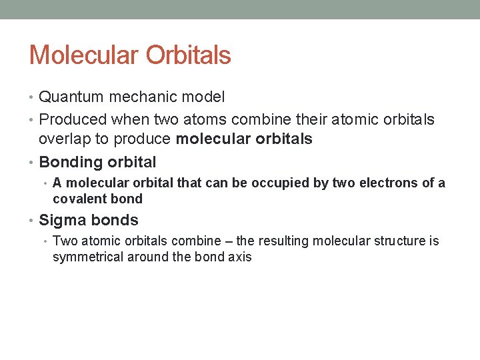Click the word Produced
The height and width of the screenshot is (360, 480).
pyautogui.click(x=73, y=120)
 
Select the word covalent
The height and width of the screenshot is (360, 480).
pyautogui.click(x=79, y=199)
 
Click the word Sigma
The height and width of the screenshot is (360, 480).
pyautogui.click(x=61, y=221)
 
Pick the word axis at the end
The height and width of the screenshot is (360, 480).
pyautogui.click(x=240, y=257)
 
